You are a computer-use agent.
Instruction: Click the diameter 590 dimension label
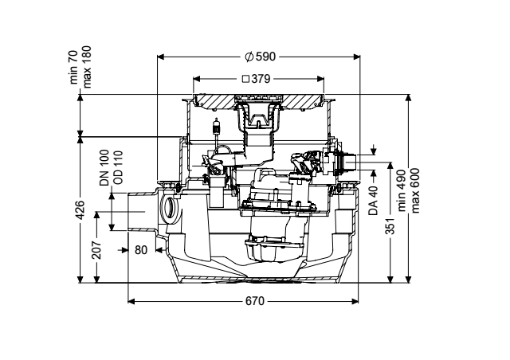point(261,57)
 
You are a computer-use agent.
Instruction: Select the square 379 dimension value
point(257,79)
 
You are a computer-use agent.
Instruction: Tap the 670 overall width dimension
point(255,302)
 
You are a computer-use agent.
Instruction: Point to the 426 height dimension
point(80,209)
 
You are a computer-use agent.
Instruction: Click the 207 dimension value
point(96,250)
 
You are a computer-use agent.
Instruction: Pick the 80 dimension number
point(141,250)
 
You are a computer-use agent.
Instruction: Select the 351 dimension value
point(390,225)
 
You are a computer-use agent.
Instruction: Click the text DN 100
point(104,167)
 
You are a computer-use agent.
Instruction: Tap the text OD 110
point(118,167)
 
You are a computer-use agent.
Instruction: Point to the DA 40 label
point(373,201)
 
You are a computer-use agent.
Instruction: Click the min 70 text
point(73,68)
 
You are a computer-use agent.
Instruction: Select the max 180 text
point(87,67)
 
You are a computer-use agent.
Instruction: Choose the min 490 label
point(401,190)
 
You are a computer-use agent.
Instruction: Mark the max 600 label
point(415,190)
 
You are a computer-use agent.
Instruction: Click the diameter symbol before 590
point(249,57)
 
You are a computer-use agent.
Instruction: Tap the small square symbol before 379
point(246,79)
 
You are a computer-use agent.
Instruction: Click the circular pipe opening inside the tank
point(170,208)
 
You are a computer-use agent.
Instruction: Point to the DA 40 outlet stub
point(351,162)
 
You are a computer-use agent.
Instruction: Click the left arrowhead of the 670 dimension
point(131,302)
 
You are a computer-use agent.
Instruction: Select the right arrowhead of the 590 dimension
point(357,57)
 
